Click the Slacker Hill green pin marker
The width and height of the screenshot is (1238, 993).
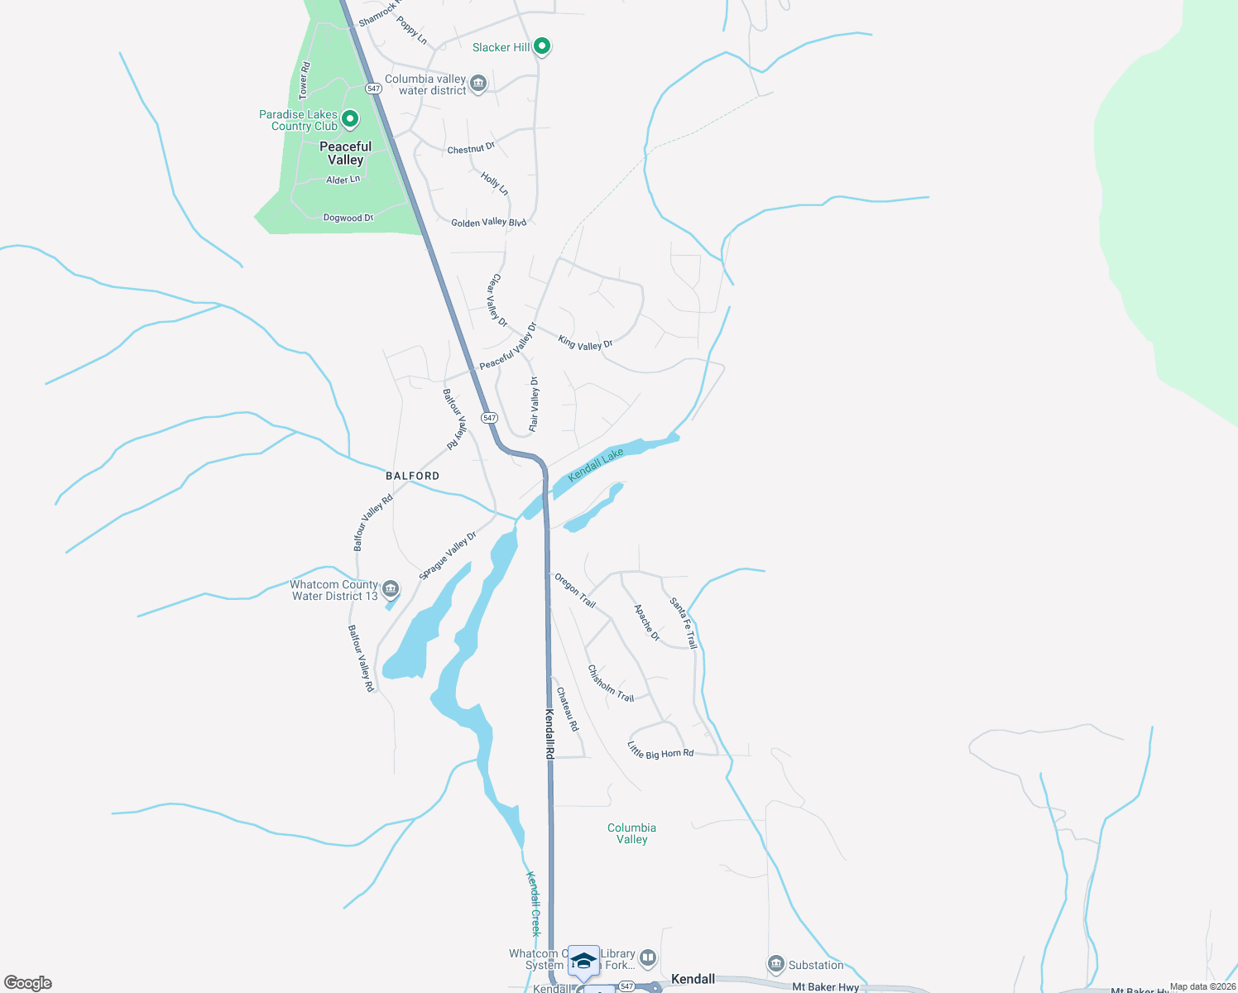(x=542, y=46)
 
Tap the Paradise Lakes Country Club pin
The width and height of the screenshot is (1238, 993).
(x=350, y=120)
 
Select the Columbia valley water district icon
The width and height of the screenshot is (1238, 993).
(x=478, y=84)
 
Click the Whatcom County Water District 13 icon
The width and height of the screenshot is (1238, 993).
(x=391, y=589)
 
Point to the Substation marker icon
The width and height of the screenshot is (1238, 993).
(x=775, y=964)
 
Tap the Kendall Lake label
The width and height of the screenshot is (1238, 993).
(x=596, y=464)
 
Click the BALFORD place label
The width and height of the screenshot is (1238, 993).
(x=413, y=476)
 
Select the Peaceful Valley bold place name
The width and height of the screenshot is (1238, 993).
(x=346, y=153)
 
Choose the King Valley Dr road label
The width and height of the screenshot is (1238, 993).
(x=585, y=343)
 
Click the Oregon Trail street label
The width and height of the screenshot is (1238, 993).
(x=575, y=590)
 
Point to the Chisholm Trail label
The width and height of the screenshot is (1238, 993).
(x=611, y=684)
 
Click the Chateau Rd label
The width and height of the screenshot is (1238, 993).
(x=568, y=709)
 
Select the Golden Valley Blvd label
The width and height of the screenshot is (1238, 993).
(x=488, y=222)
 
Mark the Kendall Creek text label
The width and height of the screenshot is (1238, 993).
(x=535, y=904)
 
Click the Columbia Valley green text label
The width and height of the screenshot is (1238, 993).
(x=631, y=833)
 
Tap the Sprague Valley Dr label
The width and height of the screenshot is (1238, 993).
(x=448, y=555)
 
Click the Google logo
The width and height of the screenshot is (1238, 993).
(x=28, y=983)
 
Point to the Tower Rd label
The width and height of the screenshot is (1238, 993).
(x=305, y=80)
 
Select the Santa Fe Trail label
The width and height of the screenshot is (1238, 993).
(x=684, y=622)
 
